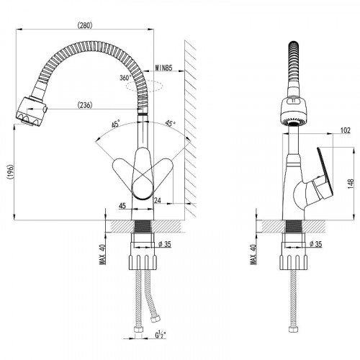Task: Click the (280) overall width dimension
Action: click(x=85, y=25)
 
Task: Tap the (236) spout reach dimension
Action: click(x=85, y=105)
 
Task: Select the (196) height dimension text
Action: click(x=9, y=171)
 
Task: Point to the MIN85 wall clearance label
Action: click(x=163, y=68)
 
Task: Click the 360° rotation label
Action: click(x=125, y=78)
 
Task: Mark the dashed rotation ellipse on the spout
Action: click(x=145, y=86)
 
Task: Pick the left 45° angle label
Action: click(x=115, y=125)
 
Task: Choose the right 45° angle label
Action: click(x=170, y=123)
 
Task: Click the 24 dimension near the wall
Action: click(x=158, y=200)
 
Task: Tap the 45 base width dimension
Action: click(x=122, y=206)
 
